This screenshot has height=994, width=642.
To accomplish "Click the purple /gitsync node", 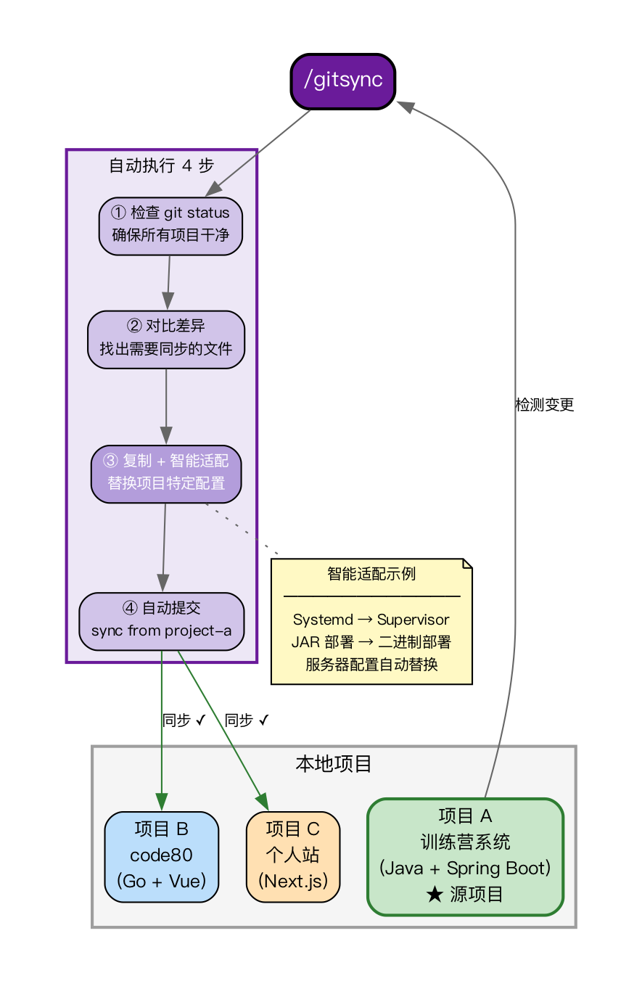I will pos(342,81).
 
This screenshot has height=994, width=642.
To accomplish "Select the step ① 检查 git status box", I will pos(170,226).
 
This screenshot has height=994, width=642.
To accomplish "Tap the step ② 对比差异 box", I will pos(166,339).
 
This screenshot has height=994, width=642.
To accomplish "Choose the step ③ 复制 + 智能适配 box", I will pos(166,473).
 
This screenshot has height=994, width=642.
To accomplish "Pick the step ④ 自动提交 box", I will pos(161,620).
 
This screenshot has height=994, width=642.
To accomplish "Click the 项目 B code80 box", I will pos(161,856).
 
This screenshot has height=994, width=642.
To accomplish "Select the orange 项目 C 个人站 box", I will pos(293,856).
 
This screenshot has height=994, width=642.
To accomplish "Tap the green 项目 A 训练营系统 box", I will pos(465,856).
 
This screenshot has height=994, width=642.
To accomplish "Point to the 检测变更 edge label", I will pos(544,405).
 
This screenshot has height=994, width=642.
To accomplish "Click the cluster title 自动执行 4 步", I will pos(161,166).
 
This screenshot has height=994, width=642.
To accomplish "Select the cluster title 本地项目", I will pos(334,763).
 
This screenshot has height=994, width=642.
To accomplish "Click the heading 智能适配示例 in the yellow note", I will pos(371,574).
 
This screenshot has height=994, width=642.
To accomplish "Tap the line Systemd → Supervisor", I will pos(371,620).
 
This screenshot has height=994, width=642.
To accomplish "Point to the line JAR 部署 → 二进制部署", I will pos(371,642).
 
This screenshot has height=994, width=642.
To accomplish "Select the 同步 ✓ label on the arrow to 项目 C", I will pos(247,720).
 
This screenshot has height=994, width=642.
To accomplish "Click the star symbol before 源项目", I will pos(434,895).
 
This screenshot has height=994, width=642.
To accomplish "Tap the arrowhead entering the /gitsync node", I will pos(405,106).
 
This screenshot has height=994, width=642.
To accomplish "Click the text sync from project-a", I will pos(161,631).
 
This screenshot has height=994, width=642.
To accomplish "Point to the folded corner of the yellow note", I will pos(468,564).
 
